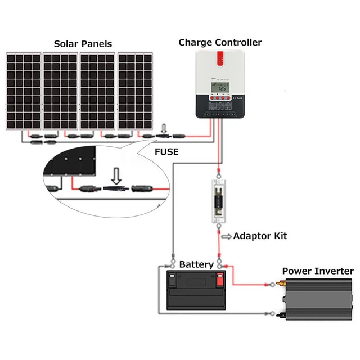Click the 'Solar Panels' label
[x=83, y=43]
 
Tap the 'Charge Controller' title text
[x=220, y=42]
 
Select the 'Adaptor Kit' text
[x=260, y=236]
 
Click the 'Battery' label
[x=196, y=264]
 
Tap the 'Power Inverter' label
[x=317, y=271]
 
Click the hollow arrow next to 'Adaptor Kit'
[x=226, y=236]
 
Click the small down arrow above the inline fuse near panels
[x=164, y=128]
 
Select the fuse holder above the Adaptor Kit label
[x=219, y=200]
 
